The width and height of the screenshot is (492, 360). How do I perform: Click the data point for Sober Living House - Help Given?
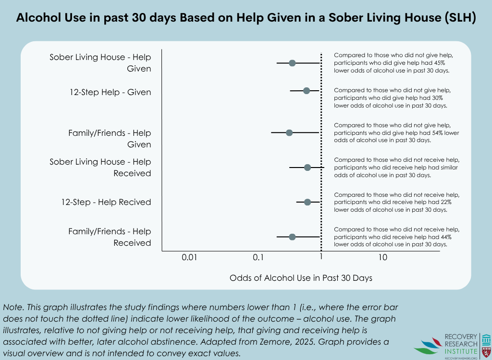[x=292, y=63]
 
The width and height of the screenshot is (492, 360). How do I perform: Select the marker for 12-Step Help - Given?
[x=307, y=91]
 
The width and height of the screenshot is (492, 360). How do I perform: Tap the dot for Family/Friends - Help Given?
[x=289, y=132]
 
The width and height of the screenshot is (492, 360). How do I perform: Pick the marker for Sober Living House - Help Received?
[x=307, y=168]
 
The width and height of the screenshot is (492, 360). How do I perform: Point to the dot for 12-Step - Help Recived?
[x=307, y=202]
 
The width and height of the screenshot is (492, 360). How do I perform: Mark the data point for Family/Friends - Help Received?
[x=292, y=237]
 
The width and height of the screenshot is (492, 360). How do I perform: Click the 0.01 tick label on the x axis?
[x=190, y=258]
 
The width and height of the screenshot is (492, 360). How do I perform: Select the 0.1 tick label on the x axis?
[x=258, y=258]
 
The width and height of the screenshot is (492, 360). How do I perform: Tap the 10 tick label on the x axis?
[x=382, y=258]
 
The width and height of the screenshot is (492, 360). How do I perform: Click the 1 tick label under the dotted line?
[x=321, y=258]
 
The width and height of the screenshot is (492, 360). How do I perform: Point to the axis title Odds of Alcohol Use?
[x=301, y=278]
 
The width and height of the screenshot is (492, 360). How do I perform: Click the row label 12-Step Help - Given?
[x=111, y=92]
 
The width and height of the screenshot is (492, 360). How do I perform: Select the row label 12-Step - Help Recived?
[x=106, y=202]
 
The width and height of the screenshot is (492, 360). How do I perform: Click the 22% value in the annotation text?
[x=445, y=202]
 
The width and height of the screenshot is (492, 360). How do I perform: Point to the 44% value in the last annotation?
[x=445, y=237]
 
